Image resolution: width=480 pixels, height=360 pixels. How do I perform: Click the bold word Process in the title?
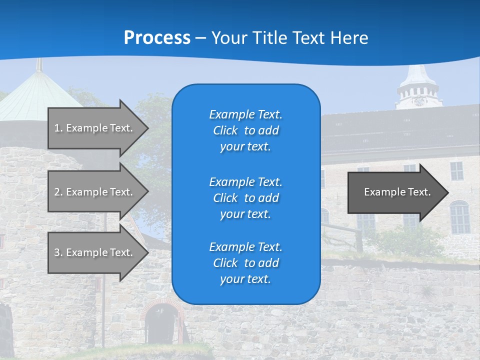[157, 37]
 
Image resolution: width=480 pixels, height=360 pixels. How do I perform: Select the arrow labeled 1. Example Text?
[95, 128]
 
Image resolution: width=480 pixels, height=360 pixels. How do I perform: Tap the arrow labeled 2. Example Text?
[95, 192]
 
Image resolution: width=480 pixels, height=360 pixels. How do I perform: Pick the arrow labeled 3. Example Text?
[95, 252]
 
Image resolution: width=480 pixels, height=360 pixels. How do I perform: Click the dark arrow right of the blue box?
[395, 192]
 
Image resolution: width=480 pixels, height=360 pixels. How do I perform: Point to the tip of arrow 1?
[147, 128]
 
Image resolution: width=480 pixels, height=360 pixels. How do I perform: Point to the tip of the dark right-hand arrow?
[448, 192]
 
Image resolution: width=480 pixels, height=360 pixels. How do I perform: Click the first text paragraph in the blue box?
[245, 130]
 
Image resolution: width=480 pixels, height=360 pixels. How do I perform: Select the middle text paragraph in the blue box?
[245, 197]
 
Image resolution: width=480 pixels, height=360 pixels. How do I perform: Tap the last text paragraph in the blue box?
[245, 263]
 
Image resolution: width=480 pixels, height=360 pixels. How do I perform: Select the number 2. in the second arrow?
[58, 192]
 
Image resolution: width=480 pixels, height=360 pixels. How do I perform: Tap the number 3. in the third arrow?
[58, 252]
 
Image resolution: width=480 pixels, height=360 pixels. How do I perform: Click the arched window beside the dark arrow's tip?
[459, 217]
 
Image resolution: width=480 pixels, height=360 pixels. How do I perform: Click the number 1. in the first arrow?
[58, 128]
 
